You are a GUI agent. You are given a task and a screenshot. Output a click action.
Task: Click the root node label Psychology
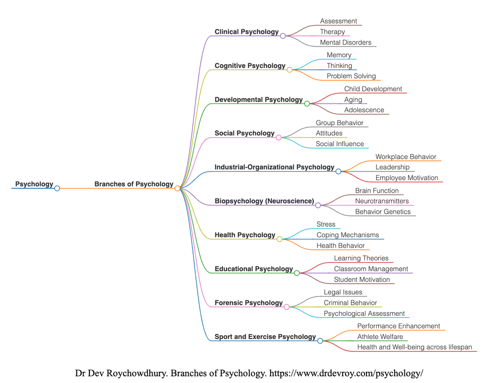tap(34, 184)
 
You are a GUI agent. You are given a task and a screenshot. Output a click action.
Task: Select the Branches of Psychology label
tap(134, 184)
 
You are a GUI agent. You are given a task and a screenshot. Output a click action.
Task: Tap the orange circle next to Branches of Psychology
tap(177, 188)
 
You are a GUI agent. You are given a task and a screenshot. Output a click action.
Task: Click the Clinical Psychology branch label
tap(246, 32)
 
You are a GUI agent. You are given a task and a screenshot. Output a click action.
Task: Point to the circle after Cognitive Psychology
tap(290, 70)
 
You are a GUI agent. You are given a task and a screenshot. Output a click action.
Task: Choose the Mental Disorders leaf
tap(345, 43)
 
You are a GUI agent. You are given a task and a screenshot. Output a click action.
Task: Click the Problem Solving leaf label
tap(351, 76)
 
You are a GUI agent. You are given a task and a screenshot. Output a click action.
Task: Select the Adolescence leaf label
tap(364, 110)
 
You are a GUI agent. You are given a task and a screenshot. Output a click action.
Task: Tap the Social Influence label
tap(340, 144)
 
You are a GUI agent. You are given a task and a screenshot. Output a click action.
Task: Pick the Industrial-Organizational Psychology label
tap(274, 167)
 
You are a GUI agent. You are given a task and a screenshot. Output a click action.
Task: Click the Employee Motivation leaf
tap(406, 178)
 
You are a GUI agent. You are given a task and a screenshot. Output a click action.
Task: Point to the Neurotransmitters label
tap(382, 201)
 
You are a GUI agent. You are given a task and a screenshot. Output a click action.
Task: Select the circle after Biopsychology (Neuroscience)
tap(318, 205)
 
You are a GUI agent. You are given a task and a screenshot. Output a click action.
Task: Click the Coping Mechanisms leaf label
tap(347, 235)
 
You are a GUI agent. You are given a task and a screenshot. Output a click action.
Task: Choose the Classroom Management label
tap(371, 269)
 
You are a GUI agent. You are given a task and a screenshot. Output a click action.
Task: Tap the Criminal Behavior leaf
tap(350, 303)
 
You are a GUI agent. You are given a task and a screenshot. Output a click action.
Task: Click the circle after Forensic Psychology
tap(287, 307)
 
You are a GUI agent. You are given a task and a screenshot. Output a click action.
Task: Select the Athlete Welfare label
tap(380, 337)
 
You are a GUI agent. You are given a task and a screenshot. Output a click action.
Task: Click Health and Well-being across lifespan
tap(414, 347)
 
